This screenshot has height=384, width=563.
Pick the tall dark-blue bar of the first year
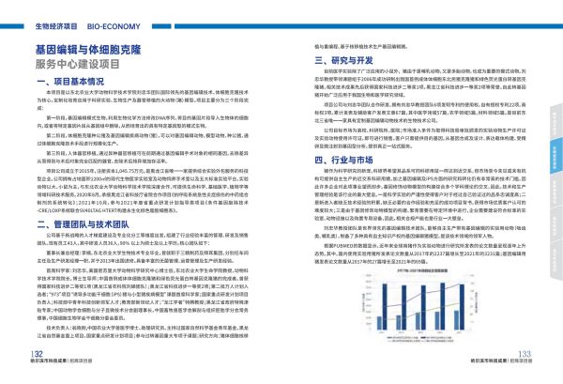tap(384, 306)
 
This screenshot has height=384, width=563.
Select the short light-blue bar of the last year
tap(455, 319)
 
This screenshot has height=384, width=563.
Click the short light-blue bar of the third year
tap(418, 320)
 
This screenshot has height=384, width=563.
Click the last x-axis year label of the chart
tap(459, 332)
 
